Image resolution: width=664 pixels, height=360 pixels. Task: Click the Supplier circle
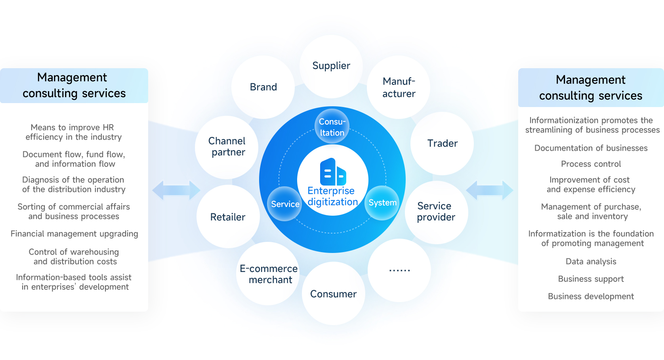click(x=331, y=66)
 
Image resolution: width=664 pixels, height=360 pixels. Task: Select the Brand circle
click(x=263, y=87)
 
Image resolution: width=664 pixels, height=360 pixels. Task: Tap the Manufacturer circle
click(x=399, y=87)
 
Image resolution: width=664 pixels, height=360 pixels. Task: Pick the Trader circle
click(x=442, y=144)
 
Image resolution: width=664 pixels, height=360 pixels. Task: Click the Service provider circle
click(x=436, y=212)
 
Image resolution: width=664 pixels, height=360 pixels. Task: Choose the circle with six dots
click(x=399, y=270)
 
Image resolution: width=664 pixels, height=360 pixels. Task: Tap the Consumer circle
click(x=333, y=294)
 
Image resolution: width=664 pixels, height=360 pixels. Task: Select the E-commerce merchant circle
click(x=268, y=274)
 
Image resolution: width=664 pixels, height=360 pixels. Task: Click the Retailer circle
click(x=228, y=217)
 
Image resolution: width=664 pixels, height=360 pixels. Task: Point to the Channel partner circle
click(x=227, y=147)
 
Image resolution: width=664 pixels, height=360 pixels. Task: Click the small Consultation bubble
click(x=332, y=127)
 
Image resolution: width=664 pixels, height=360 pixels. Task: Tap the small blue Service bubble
click(x=284, y=204)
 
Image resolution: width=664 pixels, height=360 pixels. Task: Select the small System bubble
click(x=382, y=203)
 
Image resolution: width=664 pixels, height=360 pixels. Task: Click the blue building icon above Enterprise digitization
click(x=333, y=172)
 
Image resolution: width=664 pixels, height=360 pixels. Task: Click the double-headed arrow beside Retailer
click(x=176, y=190)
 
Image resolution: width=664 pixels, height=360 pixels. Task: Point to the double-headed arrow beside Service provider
click(x=489, y=190)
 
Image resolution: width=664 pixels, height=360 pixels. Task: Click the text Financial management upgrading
click(x=74, y=234)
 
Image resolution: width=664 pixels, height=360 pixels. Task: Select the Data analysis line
click(x=591, y=262)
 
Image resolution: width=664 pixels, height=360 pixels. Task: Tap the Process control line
click(x=591, y=164)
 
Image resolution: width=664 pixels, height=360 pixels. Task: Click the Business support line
click(x=591, y=279)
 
